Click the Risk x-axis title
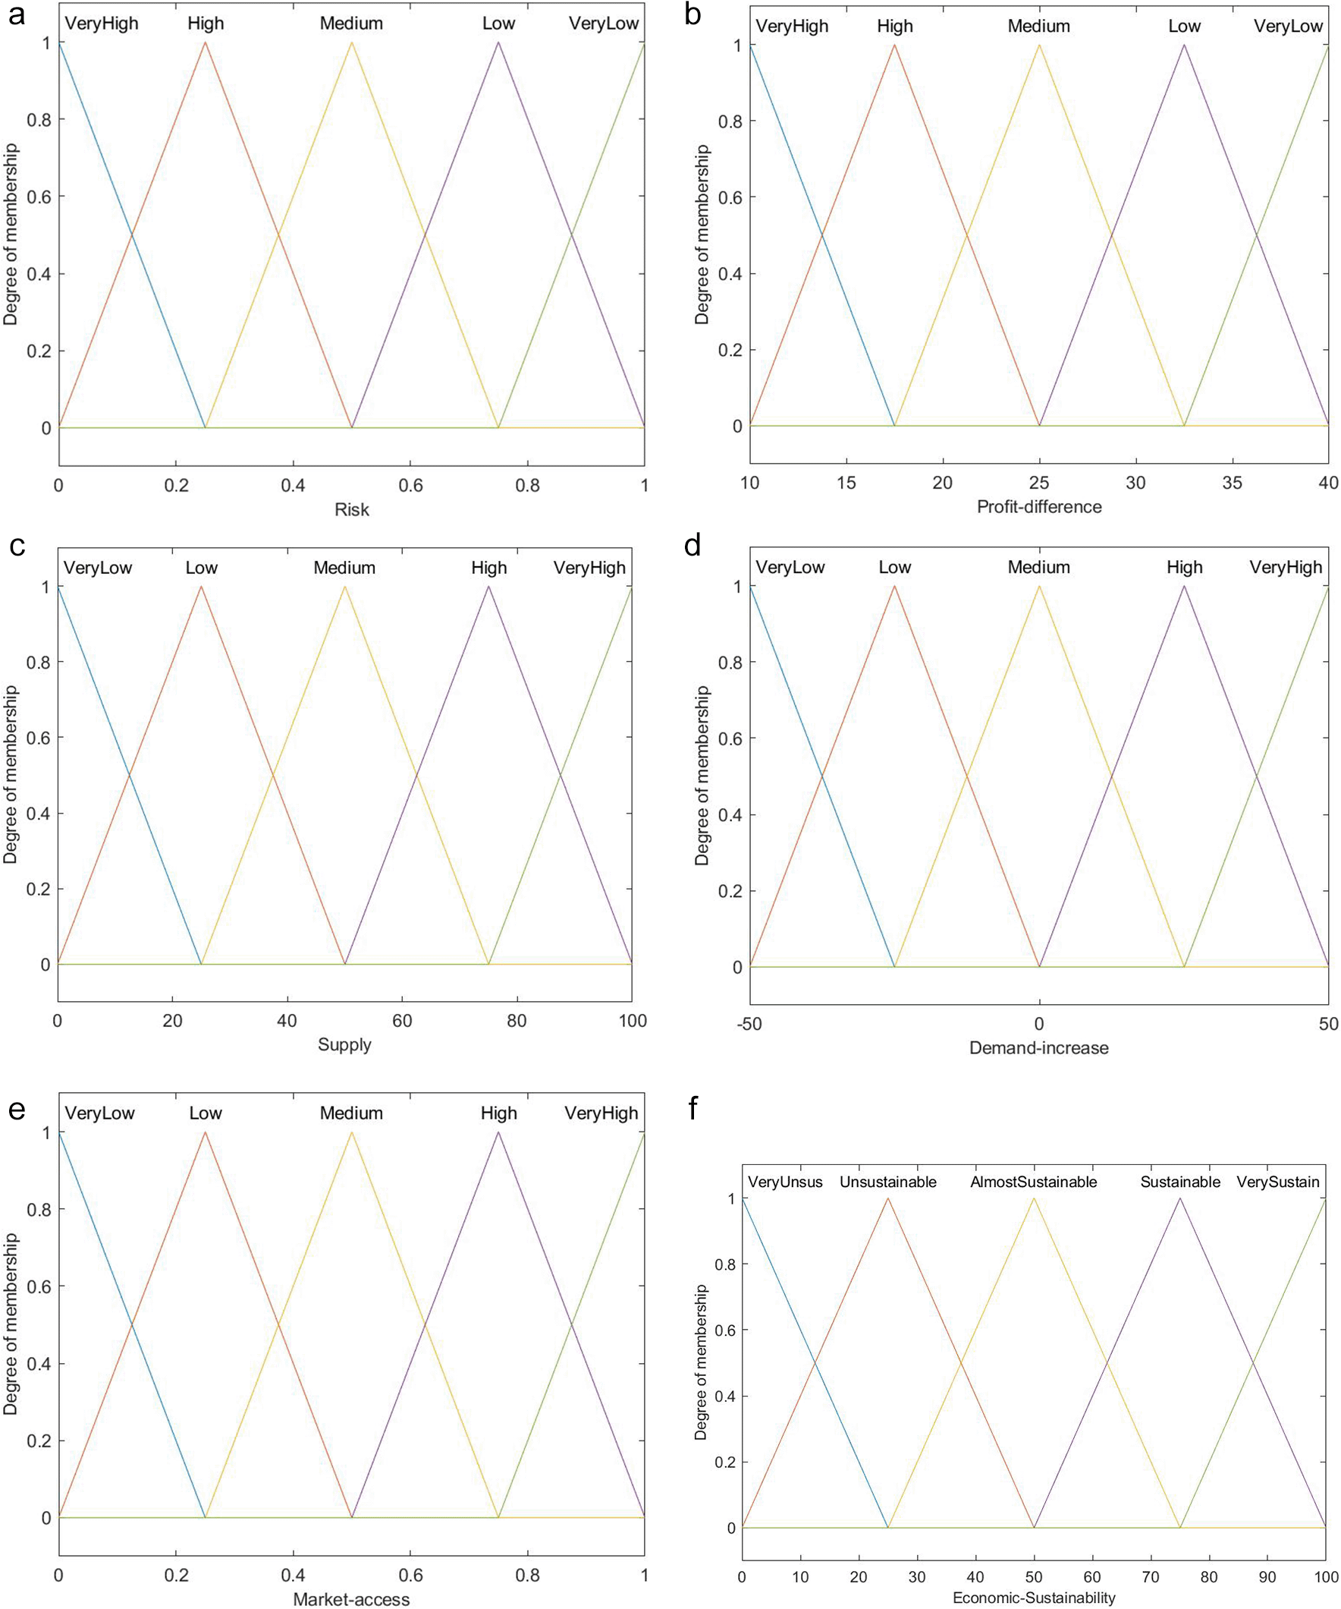coord(351,509)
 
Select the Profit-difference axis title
coord(1038,506)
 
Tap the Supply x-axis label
coord(344,1044)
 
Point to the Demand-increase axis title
coord(1038,1047)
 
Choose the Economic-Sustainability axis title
coord(1034,1598)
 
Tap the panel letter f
coord(693,1109)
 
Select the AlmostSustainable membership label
coord(1033,1182)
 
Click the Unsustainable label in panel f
coord(887,1182)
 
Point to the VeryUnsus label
coord(785,1182)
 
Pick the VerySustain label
coord(1277,1182)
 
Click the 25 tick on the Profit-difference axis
coord(1038,483)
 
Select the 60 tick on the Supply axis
coord(402,1021)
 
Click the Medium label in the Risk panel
coord(351,23)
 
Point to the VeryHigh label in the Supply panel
coord(589,568)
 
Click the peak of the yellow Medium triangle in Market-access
coord(351,1132)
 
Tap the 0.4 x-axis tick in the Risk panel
coord(294,485)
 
